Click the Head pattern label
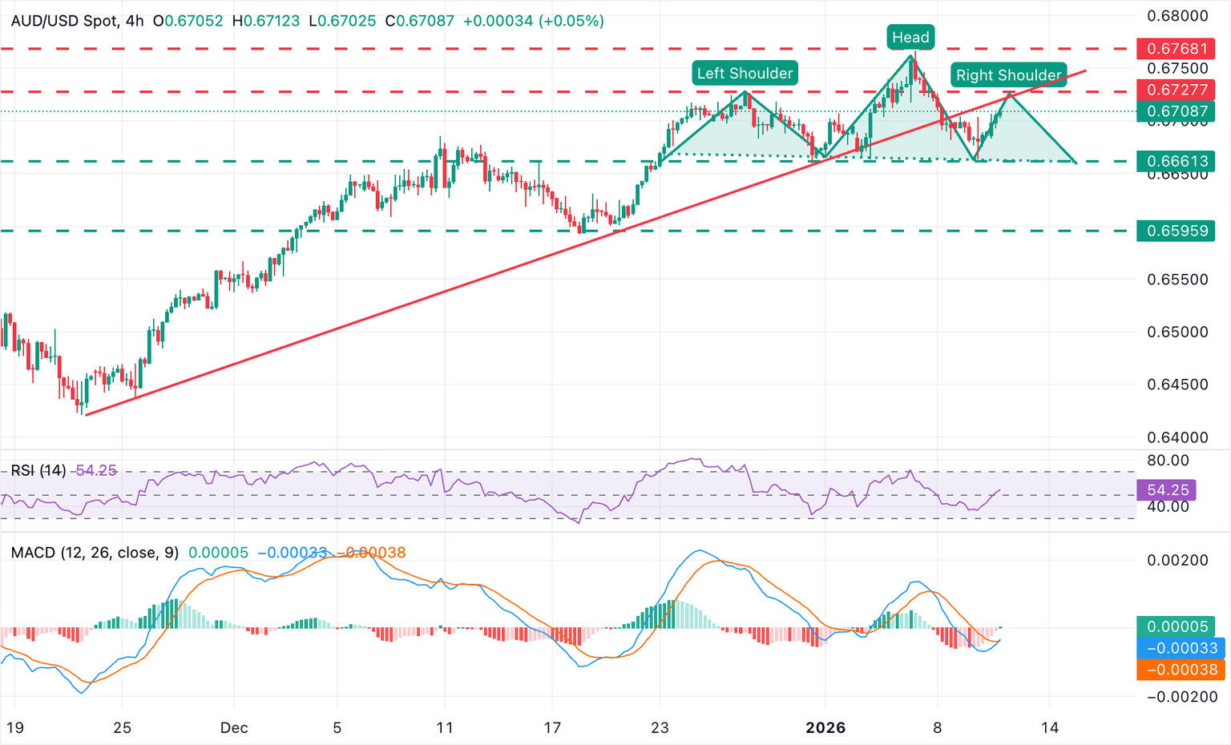910,37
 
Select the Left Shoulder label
745,74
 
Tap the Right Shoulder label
1008,75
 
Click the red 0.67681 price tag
1177,49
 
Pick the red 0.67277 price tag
1177,90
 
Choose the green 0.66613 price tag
1177,161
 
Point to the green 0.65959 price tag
1177,231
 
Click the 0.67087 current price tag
1177,111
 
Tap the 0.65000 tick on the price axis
1177,332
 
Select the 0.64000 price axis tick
1177,437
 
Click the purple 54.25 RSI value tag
1167,489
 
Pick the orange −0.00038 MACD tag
1181,670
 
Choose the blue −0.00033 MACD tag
1181,648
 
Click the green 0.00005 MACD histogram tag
1181,626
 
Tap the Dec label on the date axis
234,728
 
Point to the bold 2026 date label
825,728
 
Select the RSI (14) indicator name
38,470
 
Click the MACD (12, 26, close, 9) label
95,553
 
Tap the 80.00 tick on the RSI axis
1168,461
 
